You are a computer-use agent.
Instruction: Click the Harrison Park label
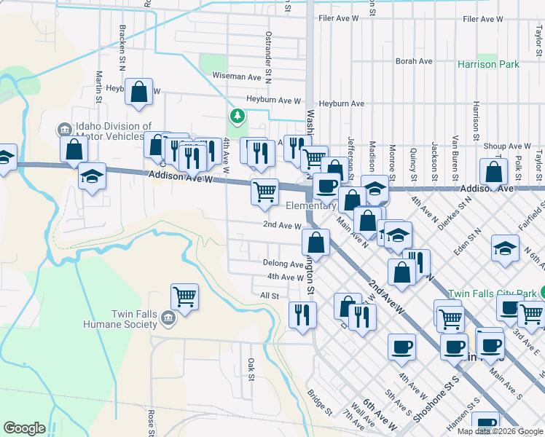point(488,64)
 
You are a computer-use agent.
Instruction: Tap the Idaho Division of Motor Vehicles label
point(108,131)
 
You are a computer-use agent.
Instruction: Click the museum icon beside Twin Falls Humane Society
point(168,318)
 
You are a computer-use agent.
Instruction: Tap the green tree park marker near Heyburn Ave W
point(237,116)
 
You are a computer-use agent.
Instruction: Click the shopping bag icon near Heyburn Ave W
point(138,92)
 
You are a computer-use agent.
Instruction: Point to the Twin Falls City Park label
point(492,294)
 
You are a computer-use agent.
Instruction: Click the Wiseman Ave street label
point(236,76)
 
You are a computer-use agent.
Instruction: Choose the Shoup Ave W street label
point(507,146)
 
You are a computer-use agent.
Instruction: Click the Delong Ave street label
point(283,264)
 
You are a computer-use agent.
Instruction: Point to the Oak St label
point(250,369)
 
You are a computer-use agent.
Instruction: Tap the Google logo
point(24,428)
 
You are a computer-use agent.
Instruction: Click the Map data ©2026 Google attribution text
point(500,431)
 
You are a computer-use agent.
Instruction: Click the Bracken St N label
point(121,47)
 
